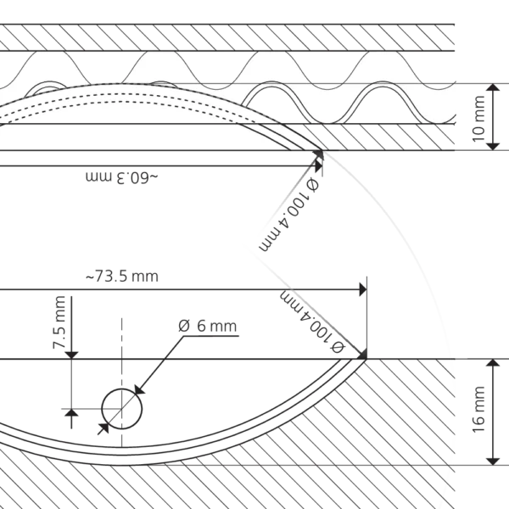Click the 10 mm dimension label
click(x=478, y=119)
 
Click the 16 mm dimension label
click(x=478, y=410)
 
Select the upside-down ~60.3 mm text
click(x=122, y=177)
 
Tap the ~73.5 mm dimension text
click(x=122, y=277)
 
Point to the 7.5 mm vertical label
click(x=59, y=322)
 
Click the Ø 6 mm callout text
click(x=208, y=326)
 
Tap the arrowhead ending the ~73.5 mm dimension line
click(x=363, y=289)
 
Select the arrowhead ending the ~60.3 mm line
click(x=319, y=166)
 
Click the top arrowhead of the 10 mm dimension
click(x=494, y=87)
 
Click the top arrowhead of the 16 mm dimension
click(x=494, y=363)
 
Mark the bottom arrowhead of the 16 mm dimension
click(x=494, y=461)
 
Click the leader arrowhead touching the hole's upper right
click(x=139, y=389)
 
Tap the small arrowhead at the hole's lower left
click(x=103, y=428)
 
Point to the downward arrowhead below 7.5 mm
click(x=71, y=355)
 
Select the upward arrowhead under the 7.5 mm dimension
click(x=71, y=413)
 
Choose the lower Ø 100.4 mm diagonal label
click(x=312, y=322)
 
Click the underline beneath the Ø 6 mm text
click(x=210, y=336)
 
